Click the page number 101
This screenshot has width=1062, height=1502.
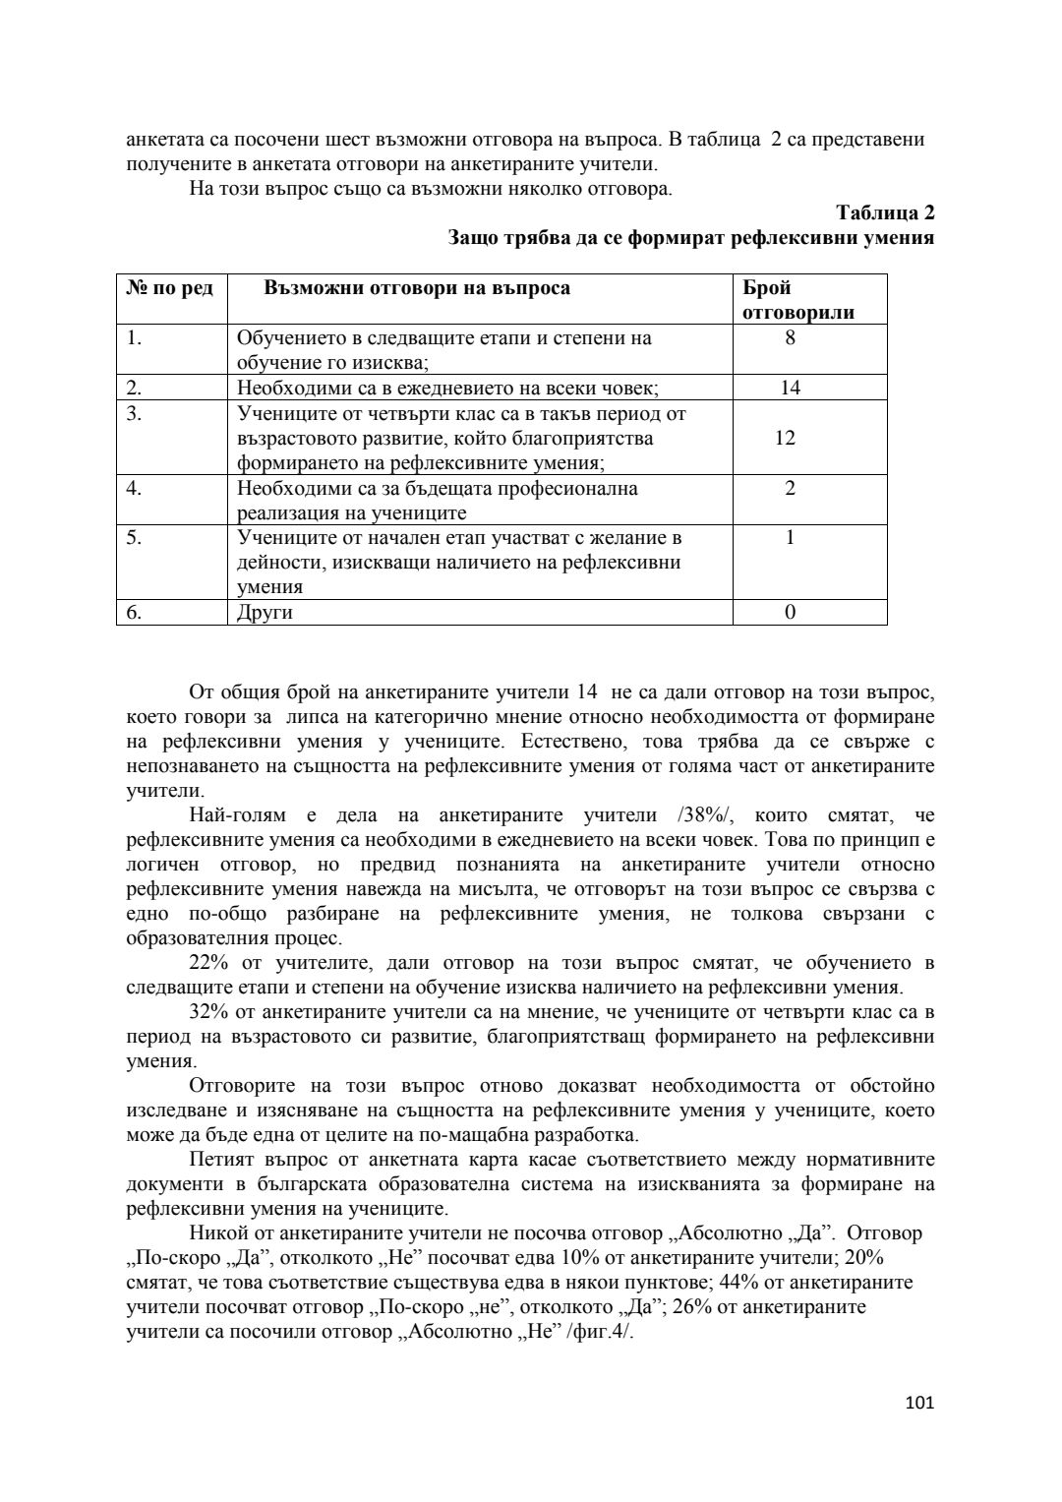coord(921,1402)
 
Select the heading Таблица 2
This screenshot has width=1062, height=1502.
coord(885,212)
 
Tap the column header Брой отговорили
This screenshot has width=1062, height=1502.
coord(797,300)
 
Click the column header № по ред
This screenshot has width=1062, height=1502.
coord(170,288)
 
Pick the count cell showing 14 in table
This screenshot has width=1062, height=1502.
coord(790,388)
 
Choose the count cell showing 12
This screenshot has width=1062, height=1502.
coord(785,438)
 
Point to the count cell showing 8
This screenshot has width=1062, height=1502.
coord(790,337)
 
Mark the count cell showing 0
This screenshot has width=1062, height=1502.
coord(790,612)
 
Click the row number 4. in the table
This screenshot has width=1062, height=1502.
coord(135,488)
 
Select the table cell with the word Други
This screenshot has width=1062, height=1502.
coord(265,612)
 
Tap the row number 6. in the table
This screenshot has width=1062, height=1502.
coord(135,612)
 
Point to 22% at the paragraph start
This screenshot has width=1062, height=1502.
coord(207,963)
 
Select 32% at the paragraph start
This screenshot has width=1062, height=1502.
coord(207,1012)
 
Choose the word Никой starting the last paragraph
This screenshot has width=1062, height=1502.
coord(216,1233)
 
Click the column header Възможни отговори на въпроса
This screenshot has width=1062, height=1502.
coord(417,288)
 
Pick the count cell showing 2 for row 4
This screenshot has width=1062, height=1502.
coord(790,488)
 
